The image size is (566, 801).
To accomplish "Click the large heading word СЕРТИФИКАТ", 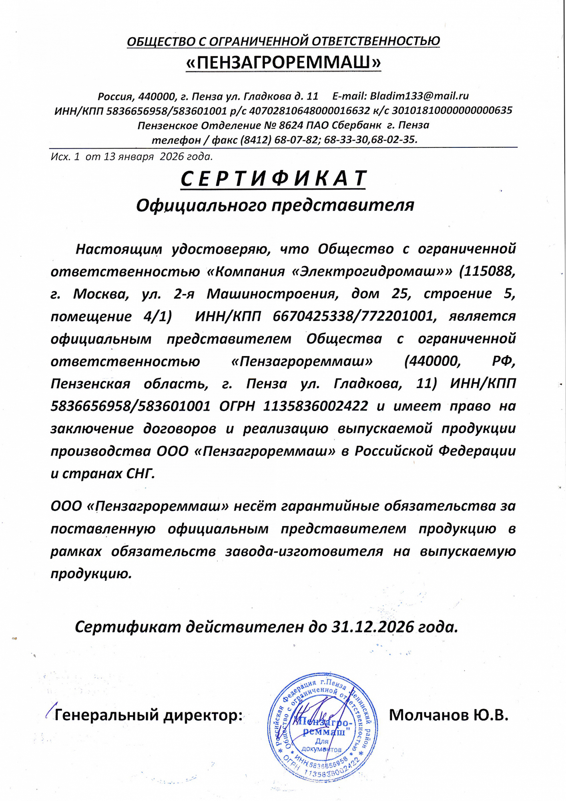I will (274, 179).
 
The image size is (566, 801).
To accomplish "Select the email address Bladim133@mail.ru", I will (419, 96).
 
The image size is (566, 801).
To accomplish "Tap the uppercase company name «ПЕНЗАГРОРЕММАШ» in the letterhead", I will (283, 62).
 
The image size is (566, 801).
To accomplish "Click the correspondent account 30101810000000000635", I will (452, 111).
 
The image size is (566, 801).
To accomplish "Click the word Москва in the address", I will (101, 294).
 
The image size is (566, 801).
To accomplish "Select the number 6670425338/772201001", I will (353, 316).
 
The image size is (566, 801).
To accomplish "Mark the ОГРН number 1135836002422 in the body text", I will (315, 406).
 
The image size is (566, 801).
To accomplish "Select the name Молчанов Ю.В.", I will (448, 715).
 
